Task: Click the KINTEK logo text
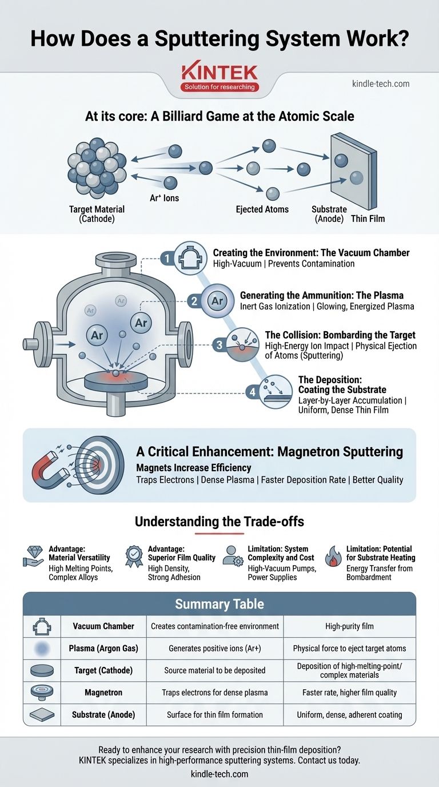point(219,72)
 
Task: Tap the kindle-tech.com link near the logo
point(381,84)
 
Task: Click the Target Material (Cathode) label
point(96,214)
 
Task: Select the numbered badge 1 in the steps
point(167,259)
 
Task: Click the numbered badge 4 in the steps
point(253,392)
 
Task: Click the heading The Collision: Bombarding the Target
point(340,335)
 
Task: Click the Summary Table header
point(219,604)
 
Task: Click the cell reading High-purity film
point(349,626)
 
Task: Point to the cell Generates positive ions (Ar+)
point(215,649)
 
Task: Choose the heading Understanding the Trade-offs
point(219,522)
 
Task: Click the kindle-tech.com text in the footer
point(219,774)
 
